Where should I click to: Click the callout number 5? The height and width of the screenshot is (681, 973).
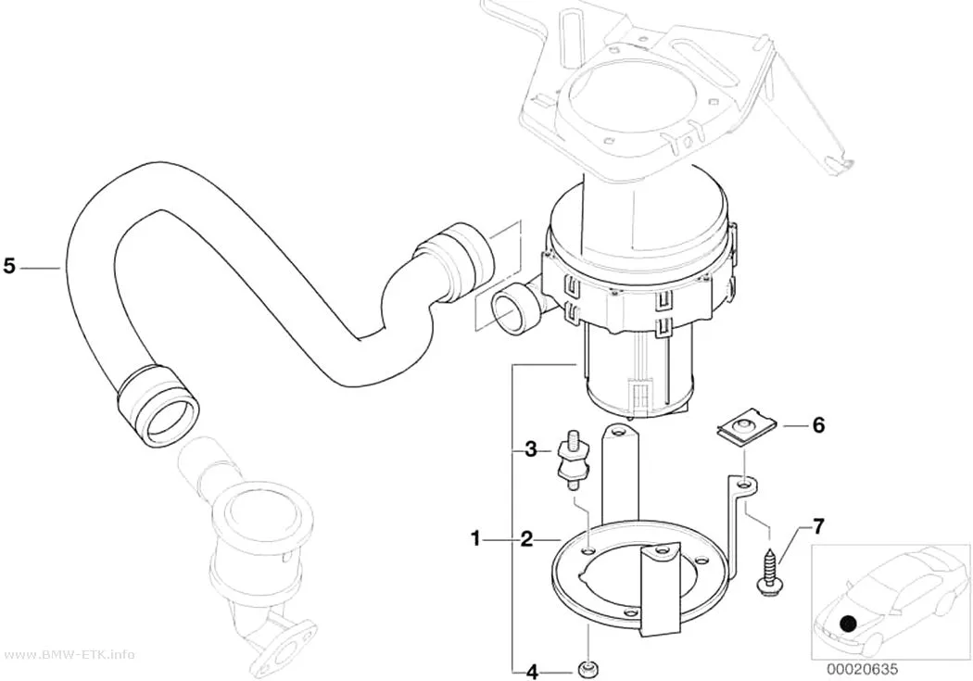click(8, 266)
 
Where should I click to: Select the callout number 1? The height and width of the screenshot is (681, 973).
click(475, 539)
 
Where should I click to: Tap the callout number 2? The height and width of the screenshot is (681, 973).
click(526, 539)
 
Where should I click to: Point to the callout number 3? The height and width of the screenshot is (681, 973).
click(530, 448)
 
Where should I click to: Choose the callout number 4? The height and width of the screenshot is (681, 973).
click(531, 671)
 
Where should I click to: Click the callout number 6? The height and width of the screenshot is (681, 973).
click(818, 425)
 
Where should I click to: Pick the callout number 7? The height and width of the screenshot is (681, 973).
click(818, 526)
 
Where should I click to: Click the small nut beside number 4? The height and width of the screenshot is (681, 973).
click(587, 670)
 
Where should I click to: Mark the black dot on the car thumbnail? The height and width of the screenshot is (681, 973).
click(847, 623)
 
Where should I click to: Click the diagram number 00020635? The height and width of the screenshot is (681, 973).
click(862, 669)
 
